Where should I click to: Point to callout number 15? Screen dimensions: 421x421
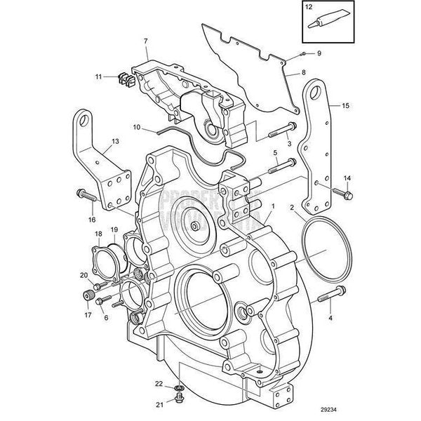345,105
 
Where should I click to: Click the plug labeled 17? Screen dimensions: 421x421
90,294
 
